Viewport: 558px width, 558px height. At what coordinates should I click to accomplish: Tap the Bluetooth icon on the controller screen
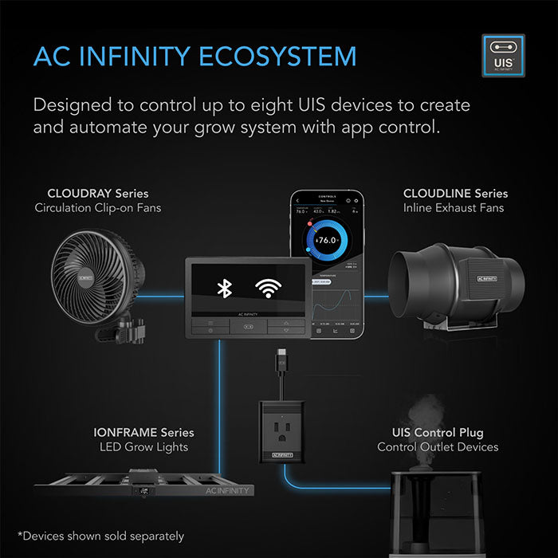coord(225,289)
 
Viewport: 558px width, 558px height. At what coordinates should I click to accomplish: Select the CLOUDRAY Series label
coord(97,194)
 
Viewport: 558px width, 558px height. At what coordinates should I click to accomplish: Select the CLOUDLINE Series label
coord(455,194)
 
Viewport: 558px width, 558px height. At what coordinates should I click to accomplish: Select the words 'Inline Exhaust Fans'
coord(454,209)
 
